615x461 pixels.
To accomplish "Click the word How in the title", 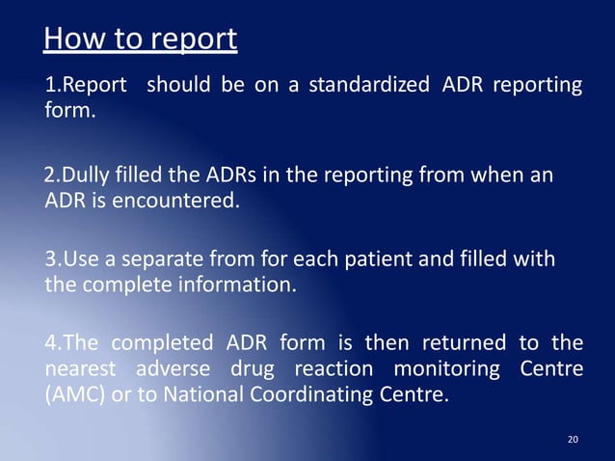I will [69, 40].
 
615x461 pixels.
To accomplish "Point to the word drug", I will [257, 370].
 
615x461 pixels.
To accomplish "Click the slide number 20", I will [574, 440].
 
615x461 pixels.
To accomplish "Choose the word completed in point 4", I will [158, 342].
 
